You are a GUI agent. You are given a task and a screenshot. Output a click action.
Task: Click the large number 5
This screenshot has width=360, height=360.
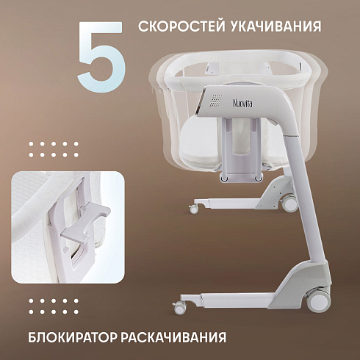click(101, 57)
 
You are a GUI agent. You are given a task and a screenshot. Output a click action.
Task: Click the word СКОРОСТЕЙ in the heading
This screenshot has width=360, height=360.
click(181, 26)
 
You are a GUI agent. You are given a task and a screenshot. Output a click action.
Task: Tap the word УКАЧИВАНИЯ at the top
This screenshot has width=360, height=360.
click(276, 26)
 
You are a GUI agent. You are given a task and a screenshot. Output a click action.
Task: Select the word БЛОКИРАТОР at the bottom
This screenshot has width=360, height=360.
click(72, 337)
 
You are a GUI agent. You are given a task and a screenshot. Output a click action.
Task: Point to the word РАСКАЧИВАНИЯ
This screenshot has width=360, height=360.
click(173, 337)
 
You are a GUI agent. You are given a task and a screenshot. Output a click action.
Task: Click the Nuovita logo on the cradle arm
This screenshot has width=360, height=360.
click(242, 103)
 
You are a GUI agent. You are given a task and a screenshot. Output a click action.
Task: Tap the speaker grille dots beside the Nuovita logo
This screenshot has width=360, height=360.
click(216, 101)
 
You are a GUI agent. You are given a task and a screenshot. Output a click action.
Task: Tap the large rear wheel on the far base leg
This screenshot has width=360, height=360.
click(290, 203)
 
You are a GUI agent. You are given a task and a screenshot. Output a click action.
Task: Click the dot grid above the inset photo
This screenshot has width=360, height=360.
click(54, 149)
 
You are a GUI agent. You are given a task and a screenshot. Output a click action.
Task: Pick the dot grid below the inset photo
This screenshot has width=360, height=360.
click(54, 306)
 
